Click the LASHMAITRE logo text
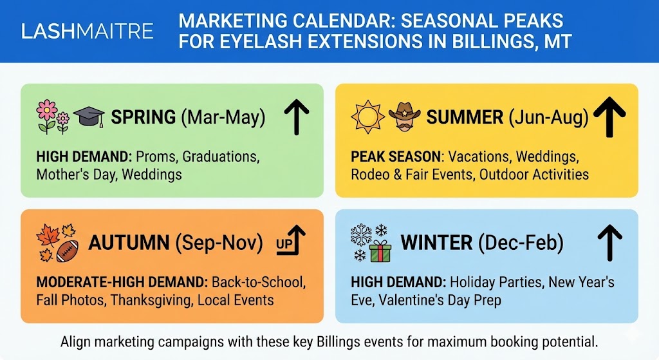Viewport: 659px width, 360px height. point(88,31)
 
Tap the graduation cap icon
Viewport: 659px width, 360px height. point(89,117)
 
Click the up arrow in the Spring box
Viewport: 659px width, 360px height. point(296,116)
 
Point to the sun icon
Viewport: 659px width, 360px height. point(367,117)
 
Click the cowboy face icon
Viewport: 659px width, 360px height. point(404,117)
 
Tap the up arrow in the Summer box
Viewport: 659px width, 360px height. point(609,116)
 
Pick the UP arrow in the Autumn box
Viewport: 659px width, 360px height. point(290,242)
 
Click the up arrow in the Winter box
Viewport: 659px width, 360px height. point(609,242)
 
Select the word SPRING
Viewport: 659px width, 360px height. point(144,117)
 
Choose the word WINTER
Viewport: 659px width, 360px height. point(436,243)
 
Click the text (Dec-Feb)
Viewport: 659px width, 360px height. point(519,243)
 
